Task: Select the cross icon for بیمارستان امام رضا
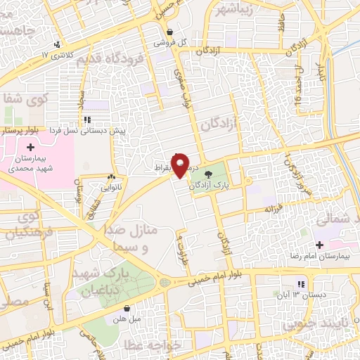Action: (x=320, y=245)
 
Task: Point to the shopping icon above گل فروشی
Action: (x=171, y=32)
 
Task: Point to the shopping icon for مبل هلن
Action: (x=127, y=308)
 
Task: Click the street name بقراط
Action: (x=162, y=169)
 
